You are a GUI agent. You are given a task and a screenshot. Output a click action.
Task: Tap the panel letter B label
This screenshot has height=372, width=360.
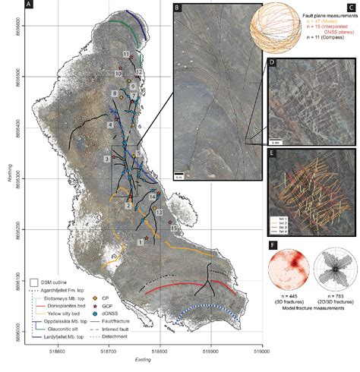tap(176, 7)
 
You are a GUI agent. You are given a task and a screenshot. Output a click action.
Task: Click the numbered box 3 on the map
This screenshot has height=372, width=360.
tap(107, 157)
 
